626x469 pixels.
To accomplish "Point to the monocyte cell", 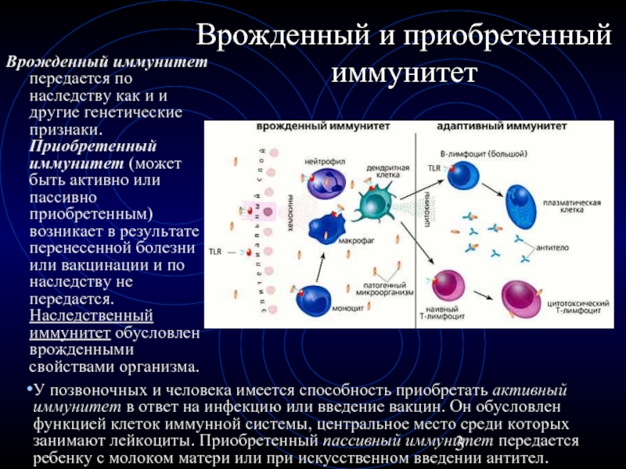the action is pos(319,299).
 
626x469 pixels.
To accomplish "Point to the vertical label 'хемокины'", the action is pos(289,212).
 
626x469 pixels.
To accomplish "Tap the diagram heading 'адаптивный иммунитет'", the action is pos(513,125).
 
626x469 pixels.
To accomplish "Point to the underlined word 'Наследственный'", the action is pos(90,316).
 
